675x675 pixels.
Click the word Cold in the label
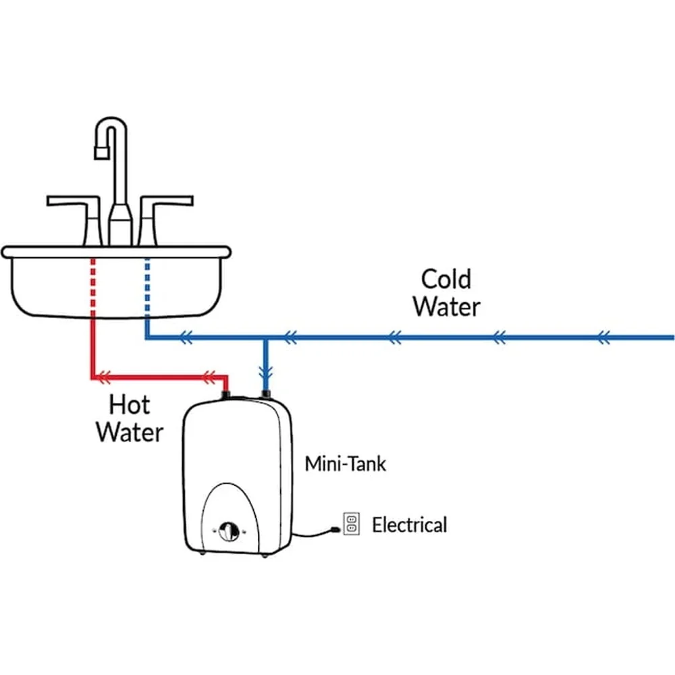click(446, 279)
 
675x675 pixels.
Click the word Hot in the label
click(130, 405)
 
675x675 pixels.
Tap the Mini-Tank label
click(346, 464)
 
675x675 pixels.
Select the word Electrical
click(409, 524)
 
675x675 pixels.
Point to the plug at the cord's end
click(333, 532)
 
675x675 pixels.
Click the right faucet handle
click(165, 200)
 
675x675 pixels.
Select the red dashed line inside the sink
click(92, 287)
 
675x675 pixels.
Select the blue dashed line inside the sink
click(146, 287)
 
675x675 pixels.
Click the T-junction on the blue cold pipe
click(266, 337)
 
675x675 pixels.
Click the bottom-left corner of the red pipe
click(93, 376)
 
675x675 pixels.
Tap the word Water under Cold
click(446, 306)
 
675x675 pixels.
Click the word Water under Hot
click(130, 432)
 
